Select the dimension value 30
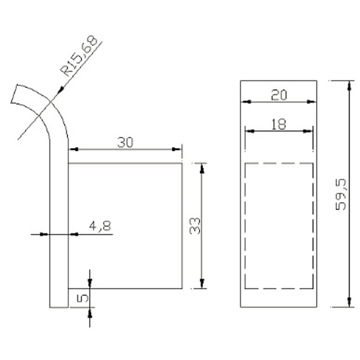tap(125, 143)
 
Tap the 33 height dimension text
tap(194, 226)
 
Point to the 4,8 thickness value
tap(100, 226)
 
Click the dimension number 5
tap(82, 298)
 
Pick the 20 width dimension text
tap(279, 95)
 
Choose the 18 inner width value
tap(279, 124)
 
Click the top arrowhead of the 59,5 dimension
tap(348, 85)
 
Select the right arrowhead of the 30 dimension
tap(176, 149)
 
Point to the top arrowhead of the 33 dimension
tap(202, 168)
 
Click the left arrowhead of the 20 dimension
tap(246, 102)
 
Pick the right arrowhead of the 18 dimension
tap(309, 131)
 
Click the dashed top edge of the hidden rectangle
tap(279, 164)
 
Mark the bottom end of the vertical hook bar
tap(59, 307)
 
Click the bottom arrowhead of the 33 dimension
tap(202, 283)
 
